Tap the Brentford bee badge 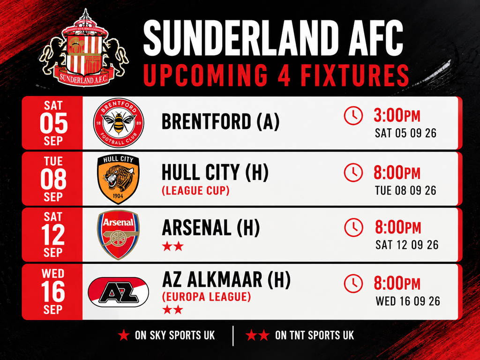119,123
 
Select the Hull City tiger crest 118,179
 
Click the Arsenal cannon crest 118,234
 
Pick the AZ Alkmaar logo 118,292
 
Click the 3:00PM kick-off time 397,116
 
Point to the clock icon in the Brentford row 353,115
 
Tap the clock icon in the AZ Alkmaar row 353,284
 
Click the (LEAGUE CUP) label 195,190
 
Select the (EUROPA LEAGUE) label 206,297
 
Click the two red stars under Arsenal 173,246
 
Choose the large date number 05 53,123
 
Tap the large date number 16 53,292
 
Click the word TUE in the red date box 53,161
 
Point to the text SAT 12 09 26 407,245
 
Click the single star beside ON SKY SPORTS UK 124,335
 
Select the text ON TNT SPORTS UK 315,335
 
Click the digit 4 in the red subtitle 284,75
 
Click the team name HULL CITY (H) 215,172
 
